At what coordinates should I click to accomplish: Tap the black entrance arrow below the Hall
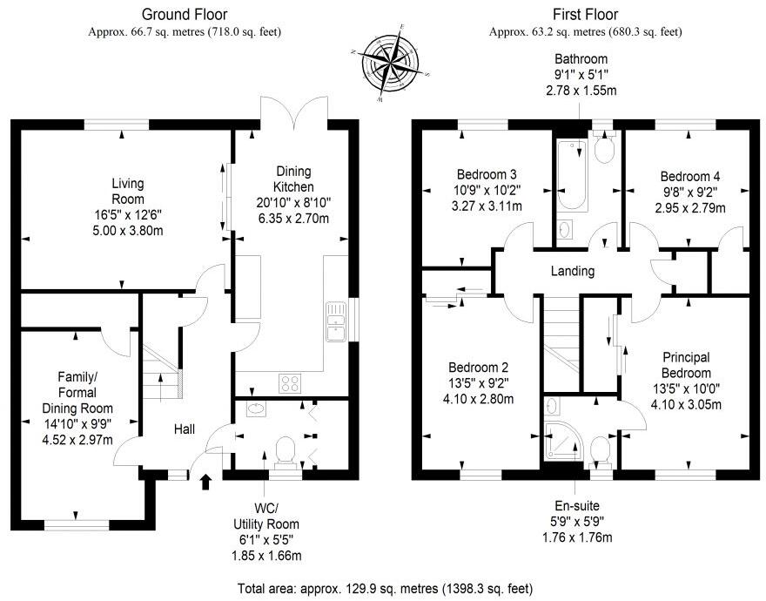(x=206, y=482)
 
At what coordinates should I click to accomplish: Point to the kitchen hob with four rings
(x=290, y=382)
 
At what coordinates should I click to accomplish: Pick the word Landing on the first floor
(x=573, y=271)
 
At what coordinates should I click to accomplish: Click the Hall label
(x=184, y=429)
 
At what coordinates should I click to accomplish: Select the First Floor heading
(x=585, y=15)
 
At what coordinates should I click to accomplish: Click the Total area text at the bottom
(x=384, y=588)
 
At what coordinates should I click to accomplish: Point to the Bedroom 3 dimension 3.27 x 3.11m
(x=475, y=206)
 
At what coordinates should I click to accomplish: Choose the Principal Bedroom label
(x=686, y=365)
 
